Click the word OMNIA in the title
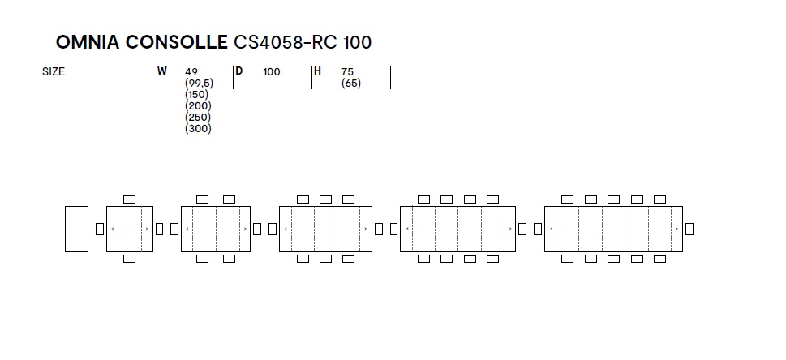point(88,42)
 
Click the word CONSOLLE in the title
point(177,42)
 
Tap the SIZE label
point(54,71)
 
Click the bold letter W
point(161,71)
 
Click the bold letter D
point(239,71)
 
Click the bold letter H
point(317,71)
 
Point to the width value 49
point(191,71)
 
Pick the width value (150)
point(196,94)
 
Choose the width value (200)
point(198,105)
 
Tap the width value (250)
point(198,118)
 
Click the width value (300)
point(198,128)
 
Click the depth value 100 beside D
point(271,71)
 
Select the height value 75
point(347,71)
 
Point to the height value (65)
point(351,84)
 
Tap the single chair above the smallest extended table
point(129,199)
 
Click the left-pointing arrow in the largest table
point(556,229)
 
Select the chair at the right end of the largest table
point(689,229)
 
